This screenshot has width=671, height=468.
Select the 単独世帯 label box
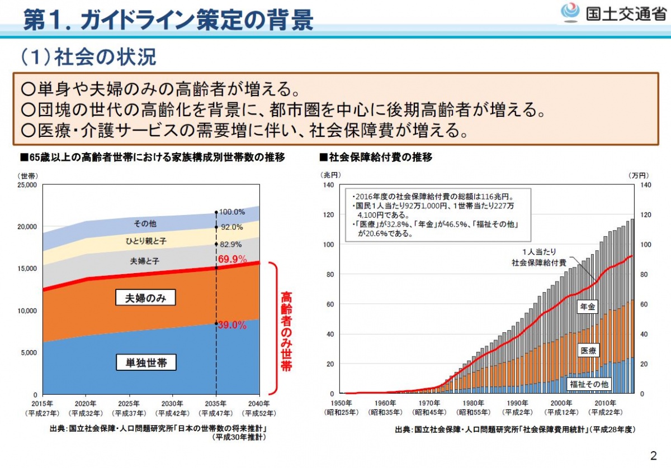click(x=146, y=363)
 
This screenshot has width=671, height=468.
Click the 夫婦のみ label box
click(x=146, y=298)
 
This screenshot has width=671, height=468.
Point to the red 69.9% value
click(x=232, y=259)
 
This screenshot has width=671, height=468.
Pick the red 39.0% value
click(x=232, y=325)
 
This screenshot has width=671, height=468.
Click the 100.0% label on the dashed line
click(x=232, y=212)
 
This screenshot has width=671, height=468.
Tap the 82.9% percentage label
click(x=231, y=244)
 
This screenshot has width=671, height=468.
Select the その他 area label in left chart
click(x=145, y=223)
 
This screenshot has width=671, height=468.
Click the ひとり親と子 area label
click(x=145, y=241)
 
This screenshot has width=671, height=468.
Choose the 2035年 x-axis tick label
click(x=215, y=403)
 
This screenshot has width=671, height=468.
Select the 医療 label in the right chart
click(x=588, y=351)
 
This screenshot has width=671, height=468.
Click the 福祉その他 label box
click(x=589, y=384)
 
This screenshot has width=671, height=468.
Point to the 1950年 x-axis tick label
click(x=341, y=403)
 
